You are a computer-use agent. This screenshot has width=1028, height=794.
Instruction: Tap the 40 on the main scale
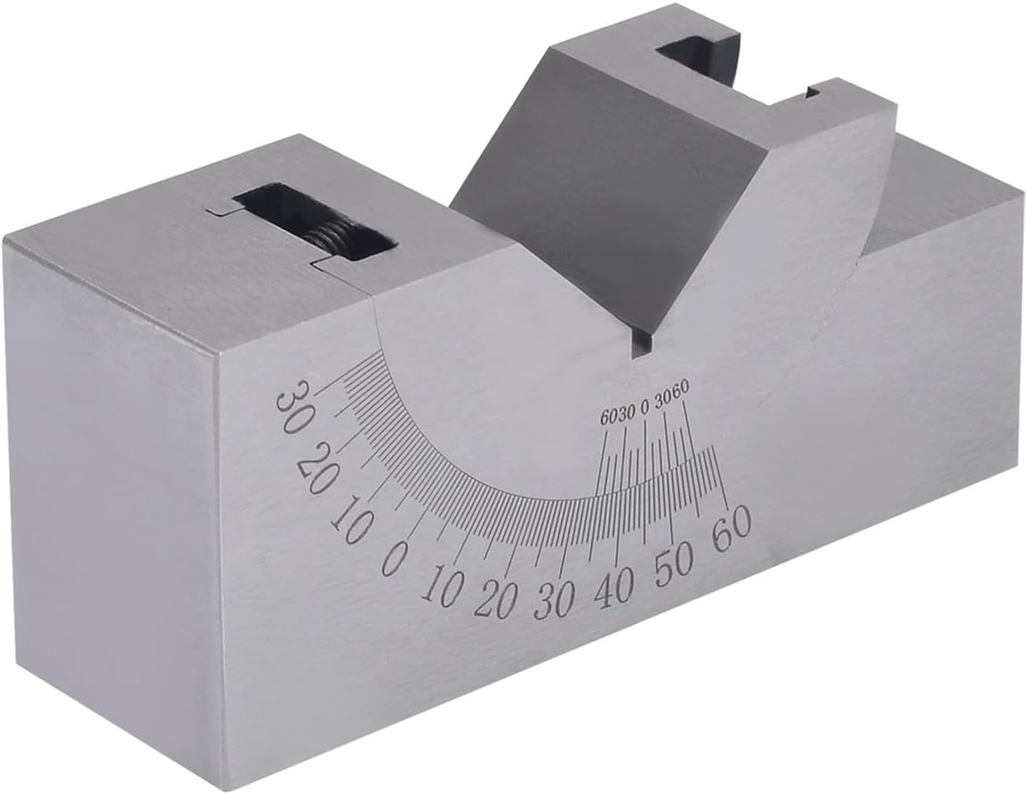(x=614, y=587)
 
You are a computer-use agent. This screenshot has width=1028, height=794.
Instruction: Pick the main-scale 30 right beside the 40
(x=553, y=599)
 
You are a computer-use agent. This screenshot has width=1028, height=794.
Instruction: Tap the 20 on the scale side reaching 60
(x=494, y=598)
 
